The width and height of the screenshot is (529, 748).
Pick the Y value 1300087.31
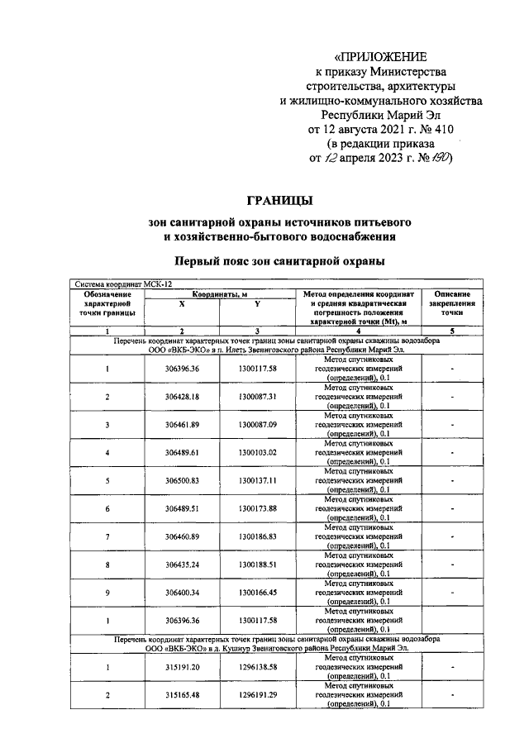click(x=258, y=397)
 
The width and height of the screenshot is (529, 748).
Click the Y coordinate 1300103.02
click(x=258, y=453)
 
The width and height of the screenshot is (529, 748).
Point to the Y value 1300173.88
click(x=258, y=508)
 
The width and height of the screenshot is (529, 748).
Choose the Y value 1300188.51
click(x=258, y=565)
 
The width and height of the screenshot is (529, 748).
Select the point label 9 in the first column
click(x=107, y=592)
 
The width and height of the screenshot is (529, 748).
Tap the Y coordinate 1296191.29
click(x=258, y=695)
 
